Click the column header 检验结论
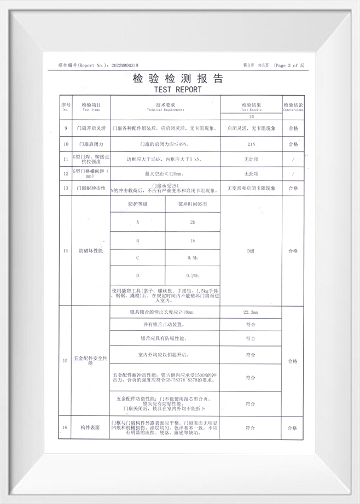(293, 105)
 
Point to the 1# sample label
(251, 117)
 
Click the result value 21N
(251, 144)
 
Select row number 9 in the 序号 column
(66, 129)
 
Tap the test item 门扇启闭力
(91, 144)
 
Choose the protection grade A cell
(137, 222)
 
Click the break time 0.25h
(192, 276)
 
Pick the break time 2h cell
(192, 222)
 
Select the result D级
(251, 250)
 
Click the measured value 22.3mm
(251, 312)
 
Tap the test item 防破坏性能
(91, 250)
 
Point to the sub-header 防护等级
(137, 203)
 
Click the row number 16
(66, 427)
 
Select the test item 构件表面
(91, 427)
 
